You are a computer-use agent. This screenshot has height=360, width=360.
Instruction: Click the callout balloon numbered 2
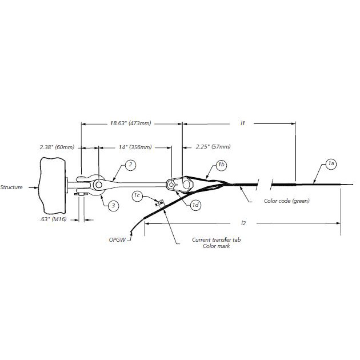(130, 165)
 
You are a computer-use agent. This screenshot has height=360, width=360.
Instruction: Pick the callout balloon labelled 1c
(137, 196)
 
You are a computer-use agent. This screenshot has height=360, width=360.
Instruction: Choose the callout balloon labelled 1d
(195, 205)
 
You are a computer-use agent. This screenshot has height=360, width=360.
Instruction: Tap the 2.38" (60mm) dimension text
(57, 147)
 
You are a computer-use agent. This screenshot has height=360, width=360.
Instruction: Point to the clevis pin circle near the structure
(99, 186)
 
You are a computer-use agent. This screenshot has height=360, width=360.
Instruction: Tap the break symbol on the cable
(263, 185)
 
